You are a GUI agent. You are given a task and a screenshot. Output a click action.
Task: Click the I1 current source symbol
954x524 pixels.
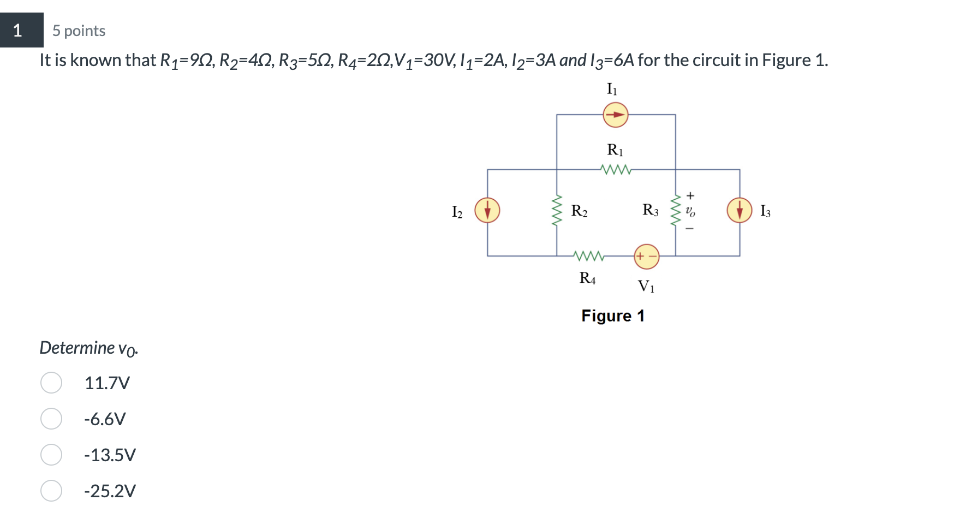(x=615, y=115)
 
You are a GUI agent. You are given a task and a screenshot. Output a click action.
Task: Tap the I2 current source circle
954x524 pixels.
(x=487, y=210)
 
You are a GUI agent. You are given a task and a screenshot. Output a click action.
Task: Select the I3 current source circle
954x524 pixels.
(x=740, y=210)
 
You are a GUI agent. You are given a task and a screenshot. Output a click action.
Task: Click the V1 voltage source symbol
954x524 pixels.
(x=646, y=256)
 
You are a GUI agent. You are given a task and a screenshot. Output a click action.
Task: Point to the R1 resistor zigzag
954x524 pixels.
(x=616, y=170)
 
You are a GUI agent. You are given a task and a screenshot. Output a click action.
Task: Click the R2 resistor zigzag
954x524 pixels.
(x=557, y=211)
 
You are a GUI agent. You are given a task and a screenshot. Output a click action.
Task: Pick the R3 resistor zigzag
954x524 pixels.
(x=676, y=211)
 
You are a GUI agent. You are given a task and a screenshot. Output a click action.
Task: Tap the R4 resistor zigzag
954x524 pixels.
(x=588, y=255)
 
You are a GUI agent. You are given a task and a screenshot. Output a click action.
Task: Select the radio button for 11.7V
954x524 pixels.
(x=51, y=383)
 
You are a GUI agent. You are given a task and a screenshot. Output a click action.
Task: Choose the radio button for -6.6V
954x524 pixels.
(x=51, y=419)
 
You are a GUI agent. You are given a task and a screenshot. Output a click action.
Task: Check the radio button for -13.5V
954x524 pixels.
(x=51, y=455)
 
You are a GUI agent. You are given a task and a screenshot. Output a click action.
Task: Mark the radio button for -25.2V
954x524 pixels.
(x=51, y=491)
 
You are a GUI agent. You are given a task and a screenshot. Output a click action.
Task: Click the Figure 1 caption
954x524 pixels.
(x=612, y=316)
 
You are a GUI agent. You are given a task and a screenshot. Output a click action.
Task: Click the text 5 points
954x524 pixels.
(x=79, y=31)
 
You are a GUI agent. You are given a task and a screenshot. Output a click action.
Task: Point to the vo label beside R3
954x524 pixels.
(x=690, y=211)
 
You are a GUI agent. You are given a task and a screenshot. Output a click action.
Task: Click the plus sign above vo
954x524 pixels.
(x=690, y=195)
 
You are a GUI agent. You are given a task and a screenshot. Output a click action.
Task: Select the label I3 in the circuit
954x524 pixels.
(x=765, y=211)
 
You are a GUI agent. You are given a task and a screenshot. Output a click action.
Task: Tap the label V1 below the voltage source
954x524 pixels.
(x=646, y=286)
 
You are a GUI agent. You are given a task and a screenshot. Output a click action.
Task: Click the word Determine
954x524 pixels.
(x=77, y=348)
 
